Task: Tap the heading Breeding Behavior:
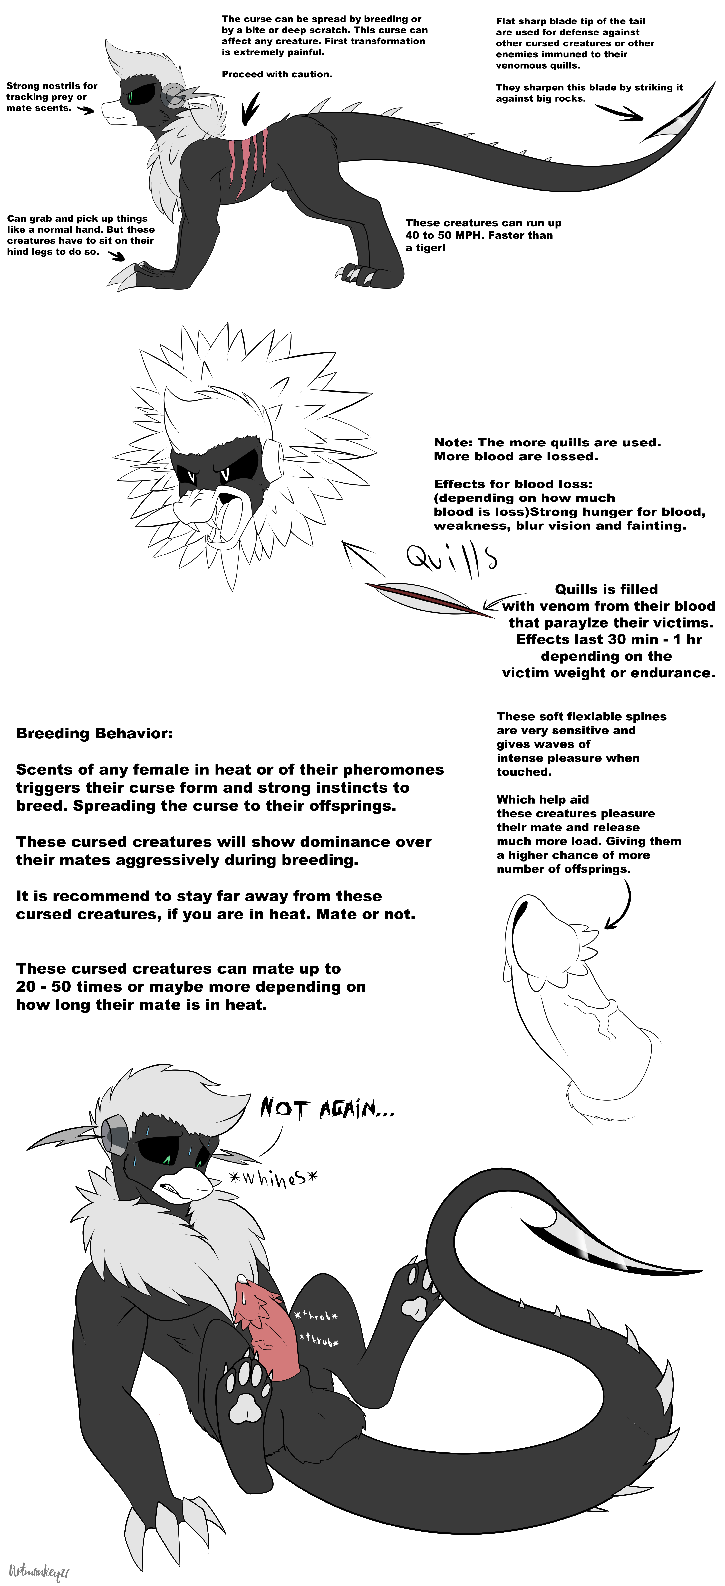(x=94, y=733)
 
